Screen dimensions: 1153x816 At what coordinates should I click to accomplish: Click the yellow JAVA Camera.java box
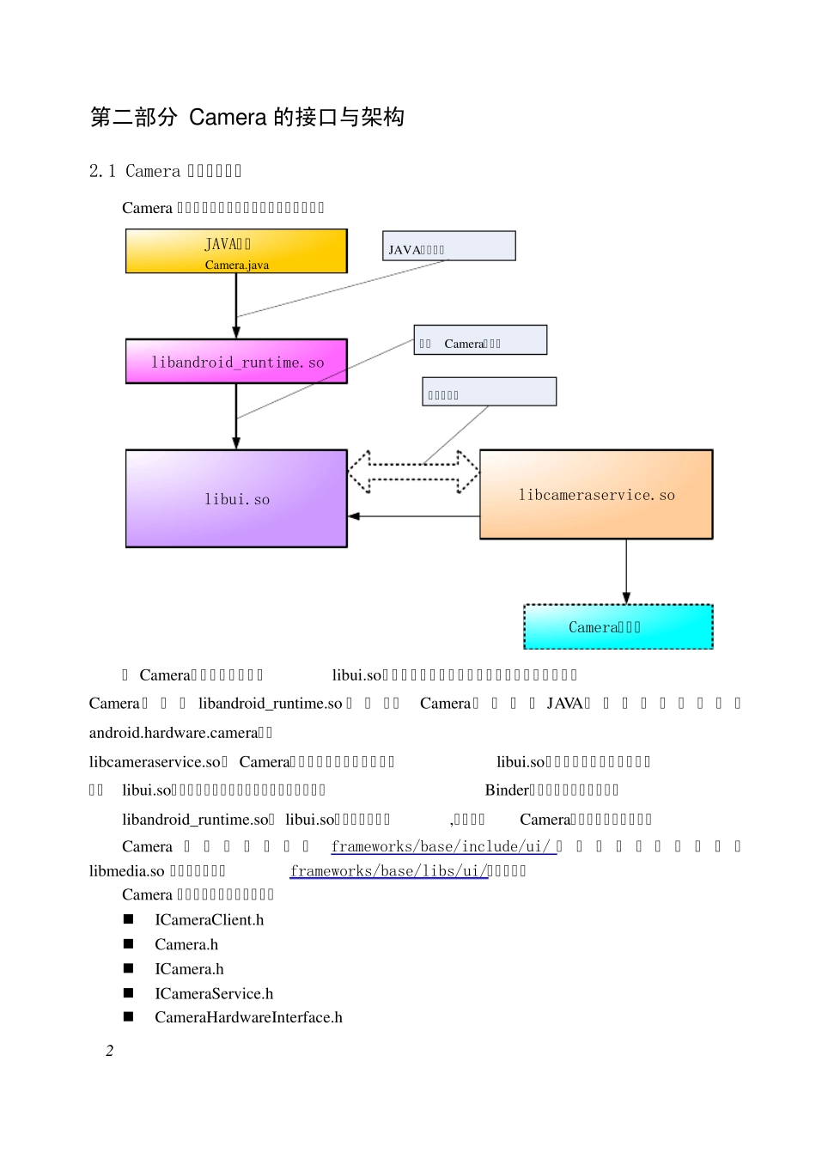(x=236, y=251)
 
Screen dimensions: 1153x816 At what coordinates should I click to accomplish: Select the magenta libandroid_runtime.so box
(x=236, y=361)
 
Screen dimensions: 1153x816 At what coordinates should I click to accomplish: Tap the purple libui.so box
(x=236, y=498)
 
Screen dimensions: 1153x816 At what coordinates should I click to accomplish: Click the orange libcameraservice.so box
(x=596, y=494)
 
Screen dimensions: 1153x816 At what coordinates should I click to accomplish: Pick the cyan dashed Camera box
(x=618, y=626)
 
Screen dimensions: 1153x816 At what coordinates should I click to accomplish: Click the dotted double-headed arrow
(x=413, y=472)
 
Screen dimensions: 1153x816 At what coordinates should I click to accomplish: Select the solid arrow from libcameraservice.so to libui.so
(x=413, y=516)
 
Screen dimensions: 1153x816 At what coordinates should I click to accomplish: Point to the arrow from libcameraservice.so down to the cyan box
(x=626, y=571)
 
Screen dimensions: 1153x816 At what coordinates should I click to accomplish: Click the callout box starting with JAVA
(x=448, y=246)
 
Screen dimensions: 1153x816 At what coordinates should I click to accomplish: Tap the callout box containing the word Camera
(x=480, y=340)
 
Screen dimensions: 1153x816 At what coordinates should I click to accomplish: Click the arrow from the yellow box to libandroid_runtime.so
(x=236, y=305)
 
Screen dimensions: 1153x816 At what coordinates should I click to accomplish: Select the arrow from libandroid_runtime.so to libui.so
(x=236, y=416)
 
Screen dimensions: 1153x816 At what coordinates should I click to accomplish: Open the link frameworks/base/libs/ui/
(x=387, y=870)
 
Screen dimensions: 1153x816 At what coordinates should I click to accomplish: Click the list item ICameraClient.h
(x=209, y=919)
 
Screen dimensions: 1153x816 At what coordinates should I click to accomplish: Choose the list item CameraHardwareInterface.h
(x=248, y=1017)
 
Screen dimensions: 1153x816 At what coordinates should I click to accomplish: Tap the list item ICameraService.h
(x=214, y=993)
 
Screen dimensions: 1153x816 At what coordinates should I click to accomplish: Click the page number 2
(x=109, y=1050)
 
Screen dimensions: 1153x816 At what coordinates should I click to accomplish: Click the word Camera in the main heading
(x=228, y=117)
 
